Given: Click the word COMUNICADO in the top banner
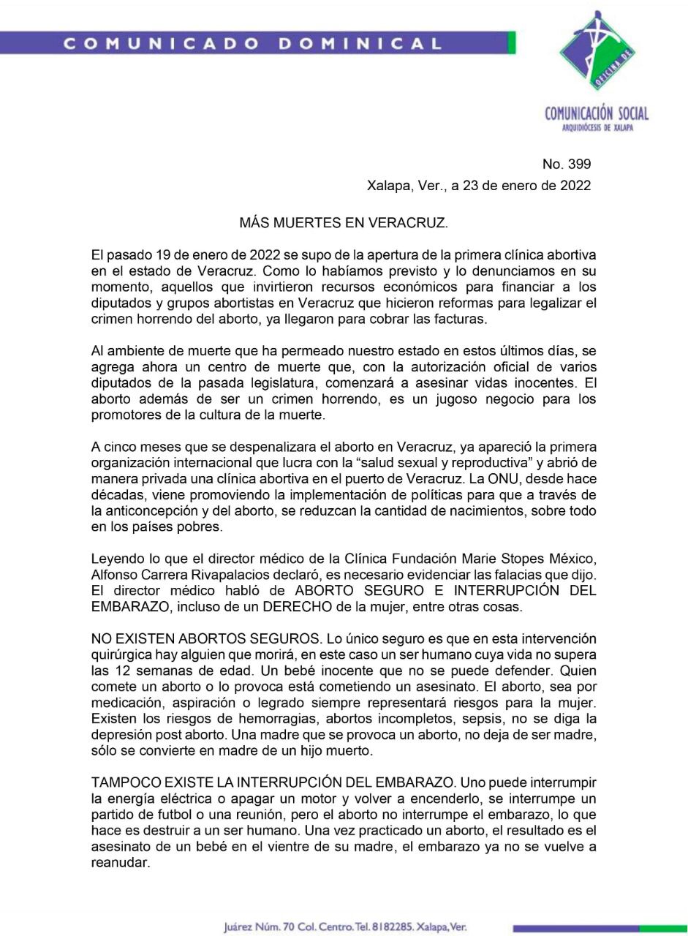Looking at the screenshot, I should [162, 43].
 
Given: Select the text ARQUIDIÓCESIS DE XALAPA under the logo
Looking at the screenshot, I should [597, 128].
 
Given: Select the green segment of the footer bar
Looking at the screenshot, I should [661, 928].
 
